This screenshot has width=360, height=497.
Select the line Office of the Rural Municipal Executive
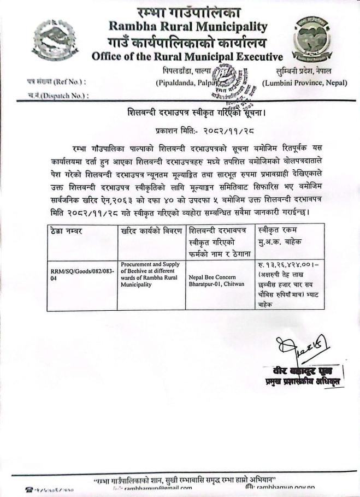point(187,56)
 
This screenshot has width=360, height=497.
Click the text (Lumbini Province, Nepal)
point(308,83)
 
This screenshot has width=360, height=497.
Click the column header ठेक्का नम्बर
point(64,232)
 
